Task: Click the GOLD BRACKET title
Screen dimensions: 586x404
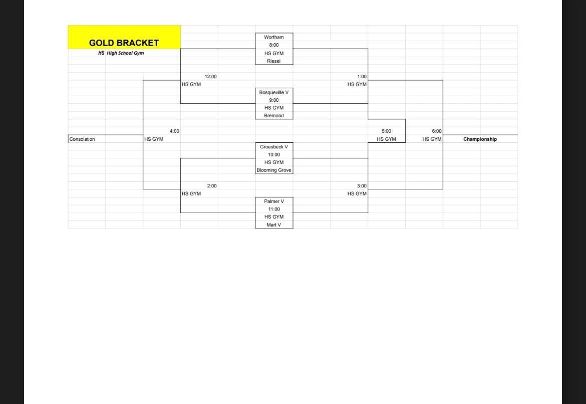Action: click(x=124, y=43)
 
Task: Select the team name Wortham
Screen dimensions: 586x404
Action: click(x=274, y=37)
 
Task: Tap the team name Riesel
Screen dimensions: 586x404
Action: click(x=274, y=61)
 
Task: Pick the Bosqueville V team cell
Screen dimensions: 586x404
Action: click(x=274, y=92)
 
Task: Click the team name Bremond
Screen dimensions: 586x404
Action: click(x=274, y=116)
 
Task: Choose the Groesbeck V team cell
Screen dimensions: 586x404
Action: click(x=274, y=147)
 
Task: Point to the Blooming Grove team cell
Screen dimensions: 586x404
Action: click(x=274, y=170)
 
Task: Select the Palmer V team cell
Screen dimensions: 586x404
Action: click(x=274, y=201)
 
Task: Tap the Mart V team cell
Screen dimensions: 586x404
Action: click(x=274, y=225)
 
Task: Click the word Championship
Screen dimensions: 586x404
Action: click(x=480, y=139)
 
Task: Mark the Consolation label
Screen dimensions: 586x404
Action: click(x=82, y=139)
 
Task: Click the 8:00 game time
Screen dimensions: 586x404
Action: click(x=274, y=45)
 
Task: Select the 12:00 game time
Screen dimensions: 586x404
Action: click(x=210, y=76)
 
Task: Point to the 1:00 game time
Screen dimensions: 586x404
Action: click(x=362, y=76)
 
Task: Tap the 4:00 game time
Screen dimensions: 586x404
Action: click(x=174, y=131)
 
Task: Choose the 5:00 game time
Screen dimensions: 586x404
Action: click(x=387, y=131)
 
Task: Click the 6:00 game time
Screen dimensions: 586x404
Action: click(x=437, y=131)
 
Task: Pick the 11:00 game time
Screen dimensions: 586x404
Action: click(x=274, y=209)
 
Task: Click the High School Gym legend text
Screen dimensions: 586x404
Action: click(x=125, y=53)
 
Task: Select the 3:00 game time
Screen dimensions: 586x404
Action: click(x=362, y=186)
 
